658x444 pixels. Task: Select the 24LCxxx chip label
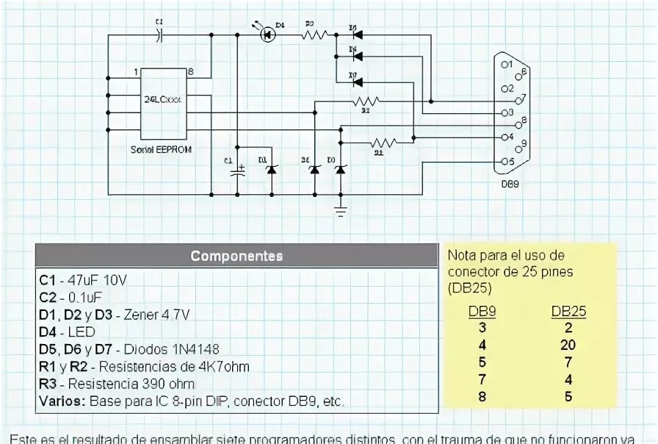coord(166,99)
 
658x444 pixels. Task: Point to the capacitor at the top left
coord(160,35)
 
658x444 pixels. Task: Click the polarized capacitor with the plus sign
coord(238,170)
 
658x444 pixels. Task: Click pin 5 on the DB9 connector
coord(506,161)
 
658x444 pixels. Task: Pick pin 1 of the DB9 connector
coord(505,65)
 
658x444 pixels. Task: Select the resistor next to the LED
coord(316,33)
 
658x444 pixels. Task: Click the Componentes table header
coord(236,256)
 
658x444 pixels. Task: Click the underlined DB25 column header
coord(568,311)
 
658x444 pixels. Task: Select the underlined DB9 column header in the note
coord(482,311)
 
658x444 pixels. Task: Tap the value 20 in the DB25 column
coord(568,345)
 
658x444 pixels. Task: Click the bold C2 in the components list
coord(48,297)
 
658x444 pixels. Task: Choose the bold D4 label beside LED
coord(48,332)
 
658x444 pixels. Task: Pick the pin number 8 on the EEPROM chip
coord(191,72)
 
